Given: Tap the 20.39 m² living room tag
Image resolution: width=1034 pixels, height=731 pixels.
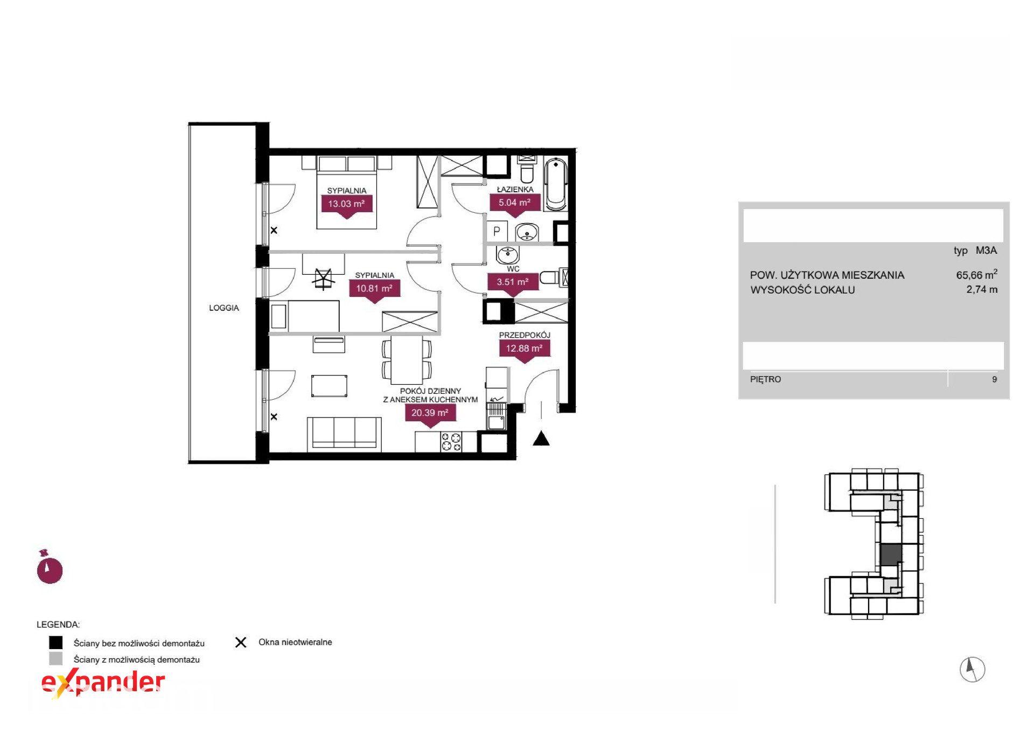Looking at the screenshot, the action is click(x=430, y=415).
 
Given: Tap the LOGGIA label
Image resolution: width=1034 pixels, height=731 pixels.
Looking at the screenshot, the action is click(x=224, y=308).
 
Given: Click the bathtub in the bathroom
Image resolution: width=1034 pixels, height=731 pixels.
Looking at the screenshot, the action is click(x=556, y=184).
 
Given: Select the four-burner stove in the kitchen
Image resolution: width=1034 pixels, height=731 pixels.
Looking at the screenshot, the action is click(x=451, y=442).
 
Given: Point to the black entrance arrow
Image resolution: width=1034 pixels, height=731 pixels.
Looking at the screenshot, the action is click(x=541, y=439).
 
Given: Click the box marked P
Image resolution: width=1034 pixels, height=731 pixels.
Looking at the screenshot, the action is click(x=497, y=232).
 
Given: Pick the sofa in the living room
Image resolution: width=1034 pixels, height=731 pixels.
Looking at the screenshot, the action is click(x=344, y=434).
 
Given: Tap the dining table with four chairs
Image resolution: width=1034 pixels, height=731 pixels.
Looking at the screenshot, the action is click(x=407, y=359).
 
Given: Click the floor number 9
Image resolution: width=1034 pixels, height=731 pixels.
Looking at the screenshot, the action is click(x=994, y=379).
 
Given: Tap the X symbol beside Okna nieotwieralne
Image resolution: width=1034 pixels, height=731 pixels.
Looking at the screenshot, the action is click(x=241, y=642).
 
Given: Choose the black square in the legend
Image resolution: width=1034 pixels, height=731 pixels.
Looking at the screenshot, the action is click(x=55, y=643).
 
